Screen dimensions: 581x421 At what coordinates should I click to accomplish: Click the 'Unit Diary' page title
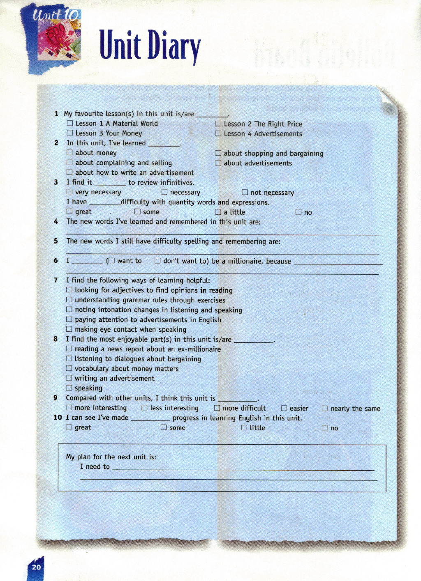click(x=150, y=46)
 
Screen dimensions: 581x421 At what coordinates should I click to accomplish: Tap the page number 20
click(x=36, y=567)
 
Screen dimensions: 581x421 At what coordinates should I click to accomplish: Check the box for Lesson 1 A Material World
click(x=70, y=123)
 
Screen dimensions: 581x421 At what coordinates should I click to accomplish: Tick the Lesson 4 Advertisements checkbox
click(x=218, y=133)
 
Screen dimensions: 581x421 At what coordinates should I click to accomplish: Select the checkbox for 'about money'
click(x=70, y=153)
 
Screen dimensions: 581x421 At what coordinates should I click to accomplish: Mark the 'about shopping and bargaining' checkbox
click(x=218, y=153)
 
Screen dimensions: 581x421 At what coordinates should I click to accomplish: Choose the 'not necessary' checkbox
click(x=245, y=192)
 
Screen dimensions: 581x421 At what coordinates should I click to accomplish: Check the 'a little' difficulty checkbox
click(x=218, y=212)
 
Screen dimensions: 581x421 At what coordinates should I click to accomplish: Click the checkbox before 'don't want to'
click(x=157, y=261)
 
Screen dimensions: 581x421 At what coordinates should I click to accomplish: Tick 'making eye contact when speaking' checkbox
click(x=69, y=329)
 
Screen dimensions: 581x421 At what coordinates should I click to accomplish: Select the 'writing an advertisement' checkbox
click(x=69, y=378)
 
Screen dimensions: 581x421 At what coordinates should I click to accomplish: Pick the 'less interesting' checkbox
click(x=144, y=408)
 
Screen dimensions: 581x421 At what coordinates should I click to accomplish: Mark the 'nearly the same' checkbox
click(x=325, y=408)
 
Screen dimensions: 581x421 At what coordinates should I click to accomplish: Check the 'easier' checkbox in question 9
click(x=284, y=408)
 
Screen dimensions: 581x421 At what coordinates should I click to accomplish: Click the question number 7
click(x=56, y=280)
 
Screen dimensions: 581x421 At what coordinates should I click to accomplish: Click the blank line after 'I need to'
click(x=243, y=470)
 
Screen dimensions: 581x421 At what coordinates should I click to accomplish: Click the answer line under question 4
click(x=222, y=234)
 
